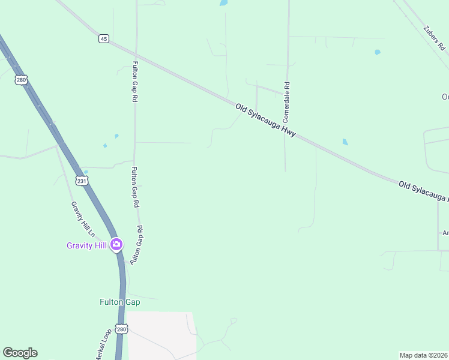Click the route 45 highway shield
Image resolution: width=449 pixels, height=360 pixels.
104,38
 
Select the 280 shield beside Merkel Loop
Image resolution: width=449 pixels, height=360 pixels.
122,329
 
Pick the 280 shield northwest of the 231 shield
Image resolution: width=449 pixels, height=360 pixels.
22,80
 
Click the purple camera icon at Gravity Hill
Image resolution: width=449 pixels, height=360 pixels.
116,245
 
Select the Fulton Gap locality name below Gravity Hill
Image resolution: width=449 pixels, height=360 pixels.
119,302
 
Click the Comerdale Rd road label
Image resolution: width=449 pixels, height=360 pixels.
287,100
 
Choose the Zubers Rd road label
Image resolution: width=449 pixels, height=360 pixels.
433,38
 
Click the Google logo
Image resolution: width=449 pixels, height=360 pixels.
20,353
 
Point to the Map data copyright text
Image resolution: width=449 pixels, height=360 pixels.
424,355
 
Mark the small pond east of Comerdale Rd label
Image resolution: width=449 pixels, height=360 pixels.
378,52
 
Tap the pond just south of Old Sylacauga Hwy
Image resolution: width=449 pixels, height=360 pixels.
345,142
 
